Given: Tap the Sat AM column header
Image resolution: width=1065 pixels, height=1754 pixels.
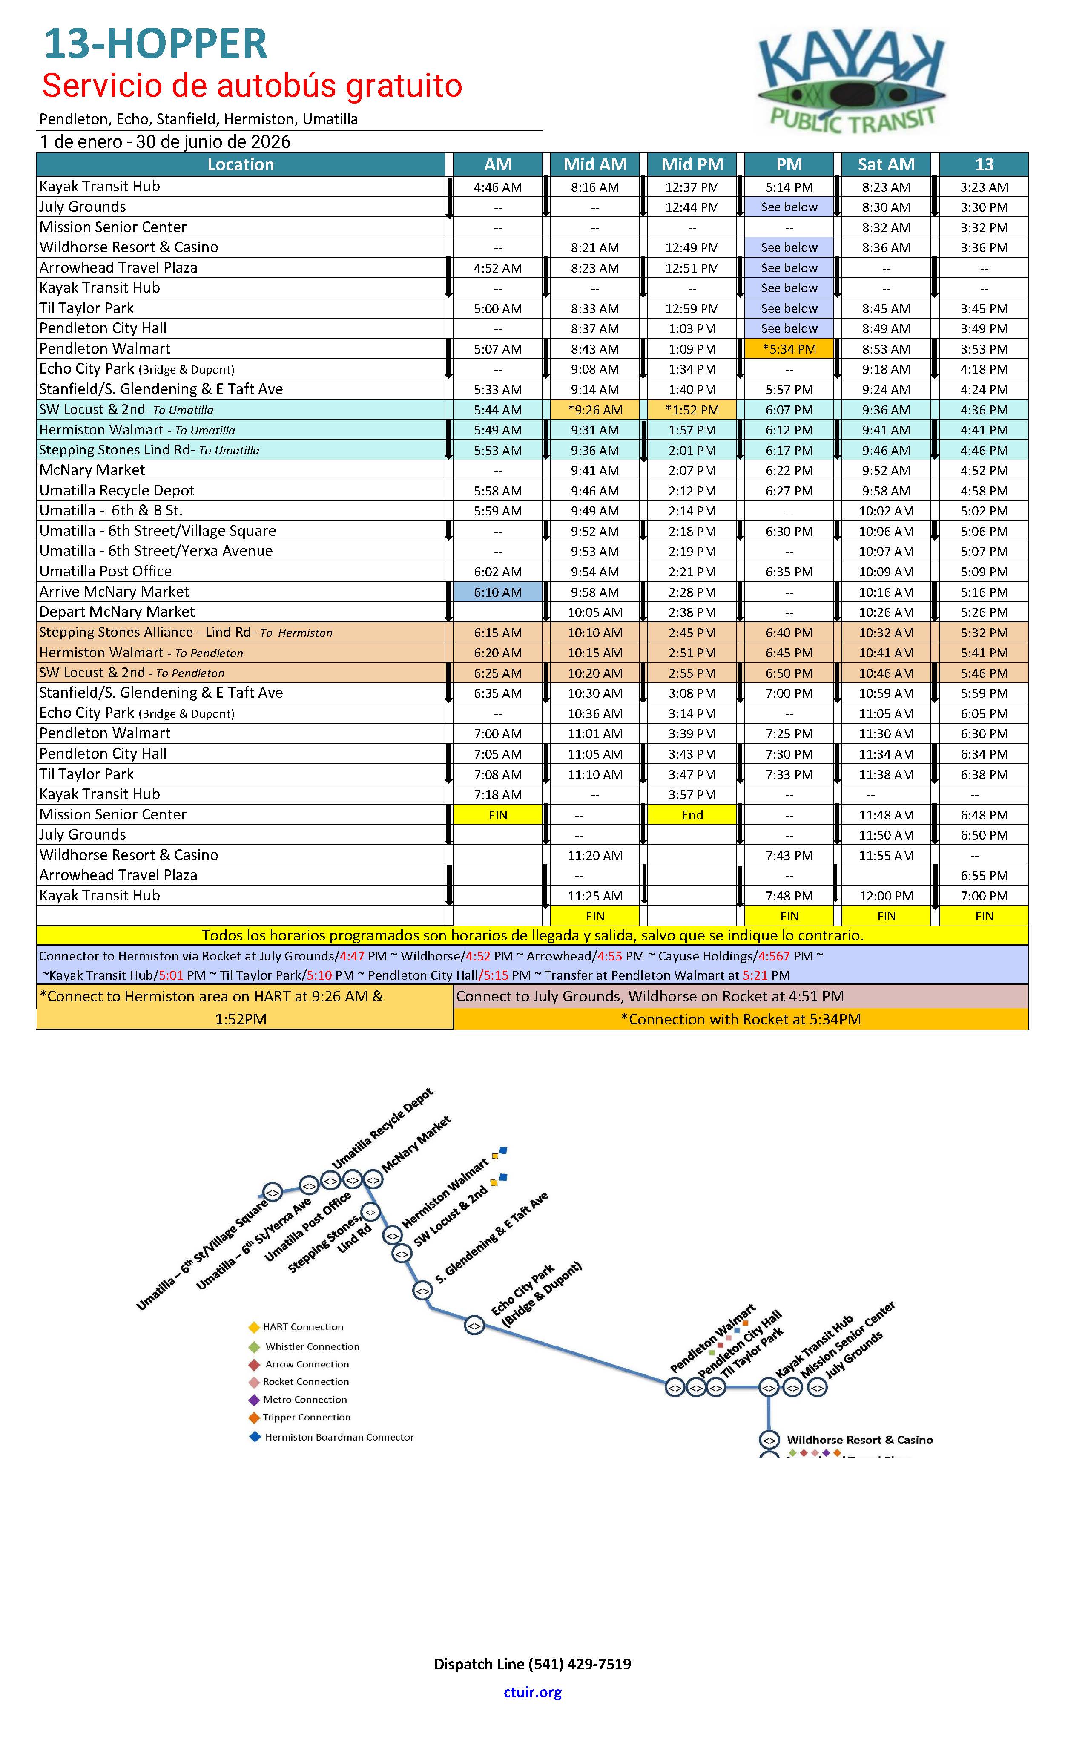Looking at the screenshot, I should point(886,164).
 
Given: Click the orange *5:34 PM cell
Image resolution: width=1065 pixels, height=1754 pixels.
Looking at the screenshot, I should point(789,349).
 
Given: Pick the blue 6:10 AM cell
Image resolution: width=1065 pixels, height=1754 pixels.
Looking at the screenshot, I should point(498,592).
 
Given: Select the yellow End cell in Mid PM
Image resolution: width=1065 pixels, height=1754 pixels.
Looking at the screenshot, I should point(692,815).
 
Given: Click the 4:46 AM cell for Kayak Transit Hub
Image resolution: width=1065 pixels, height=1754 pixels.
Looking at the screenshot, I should point(498,187).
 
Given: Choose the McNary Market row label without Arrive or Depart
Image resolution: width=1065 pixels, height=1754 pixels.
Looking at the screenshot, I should point(92,471).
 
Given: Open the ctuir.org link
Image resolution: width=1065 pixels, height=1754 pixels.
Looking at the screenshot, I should point(532,1692).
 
